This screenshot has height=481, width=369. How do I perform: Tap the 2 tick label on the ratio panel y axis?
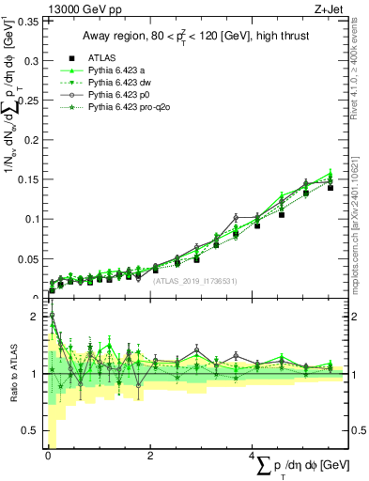pos(35,317)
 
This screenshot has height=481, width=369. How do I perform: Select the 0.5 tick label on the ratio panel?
pos(31,430)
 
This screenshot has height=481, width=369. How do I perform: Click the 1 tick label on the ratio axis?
pos(35,374)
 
